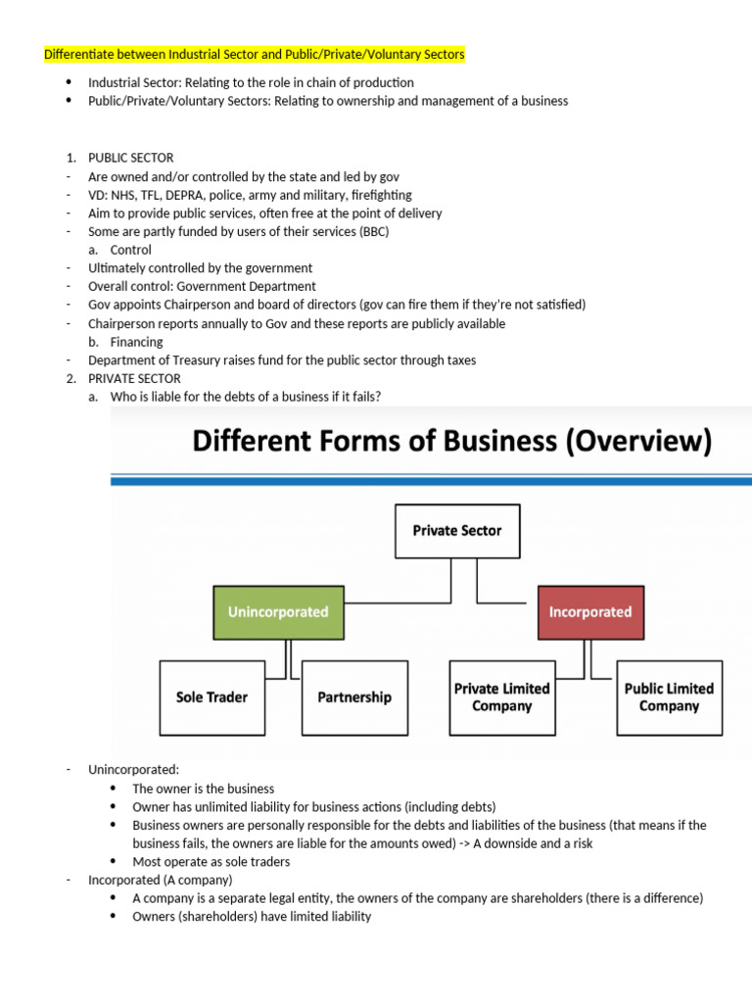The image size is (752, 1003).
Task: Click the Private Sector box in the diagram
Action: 456,531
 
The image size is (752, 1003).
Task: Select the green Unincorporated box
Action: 278,612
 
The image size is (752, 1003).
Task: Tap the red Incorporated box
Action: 590,612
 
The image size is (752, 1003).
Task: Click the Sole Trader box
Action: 211,697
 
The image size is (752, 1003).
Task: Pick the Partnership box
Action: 353,697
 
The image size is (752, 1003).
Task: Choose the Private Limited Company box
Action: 501,697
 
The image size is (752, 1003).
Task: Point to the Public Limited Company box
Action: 669,697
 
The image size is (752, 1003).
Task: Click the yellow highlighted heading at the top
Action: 255,55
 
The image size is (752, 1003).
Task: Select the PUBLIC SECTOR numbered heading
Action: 130,158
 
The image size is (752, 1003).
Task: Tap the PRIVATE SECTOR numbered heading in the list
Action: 134,378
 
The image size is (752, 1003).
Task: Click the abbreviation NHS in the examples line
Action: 123,195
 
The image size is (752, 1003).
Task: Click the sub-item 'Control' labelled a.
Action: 130,250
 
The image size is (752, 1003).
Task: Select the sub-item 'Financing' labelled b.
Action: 136,342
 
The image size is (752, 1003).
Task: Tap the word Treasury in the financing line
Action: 195,360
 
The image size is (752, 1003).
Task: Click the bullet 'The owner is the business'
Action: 203,788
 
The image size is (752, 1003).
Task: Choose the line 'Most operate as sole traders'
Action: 211,862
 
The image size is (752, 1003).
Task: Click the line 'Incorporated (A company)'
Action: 160,880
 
